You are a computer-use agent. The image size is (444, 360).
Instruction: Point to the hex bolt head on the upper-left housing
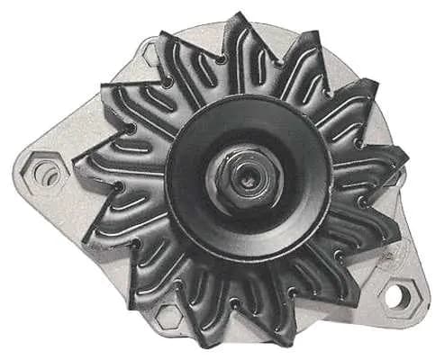150,56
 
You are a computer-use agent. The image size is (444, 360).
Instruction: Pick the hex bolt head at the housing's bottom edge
168,315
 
